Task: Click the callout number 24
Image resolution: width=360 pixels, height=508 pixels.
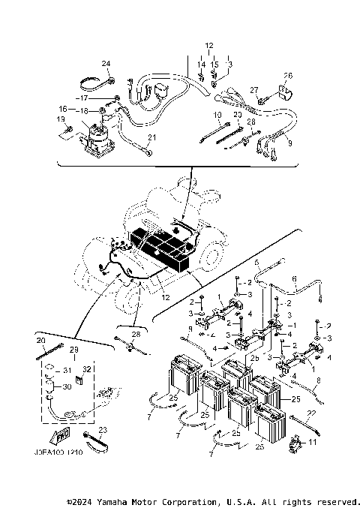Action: tap(106, 63)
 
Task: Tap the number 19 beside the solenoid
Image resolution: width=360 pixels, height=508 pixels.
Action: tap(60, 120)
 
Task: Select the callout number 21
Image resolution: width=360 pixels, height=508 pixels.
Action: tap(151, 137)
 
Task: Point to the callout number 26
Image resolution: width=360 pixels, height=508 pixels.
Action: tap(288, 75)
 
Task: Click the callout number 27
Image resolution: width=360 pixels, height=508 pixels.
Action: tap(254, 90)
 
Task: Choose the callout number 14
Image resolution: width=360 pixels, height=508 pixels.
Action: tap(201, 65)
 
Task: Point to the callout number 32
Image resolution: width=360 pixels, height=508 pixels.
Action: tap(87, 368)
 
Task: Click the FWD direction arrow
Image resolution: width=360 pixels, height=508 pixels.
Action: tap(58, 436)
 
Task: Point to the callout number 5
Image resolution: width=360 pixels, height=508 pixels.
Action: tap(256, 263)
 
